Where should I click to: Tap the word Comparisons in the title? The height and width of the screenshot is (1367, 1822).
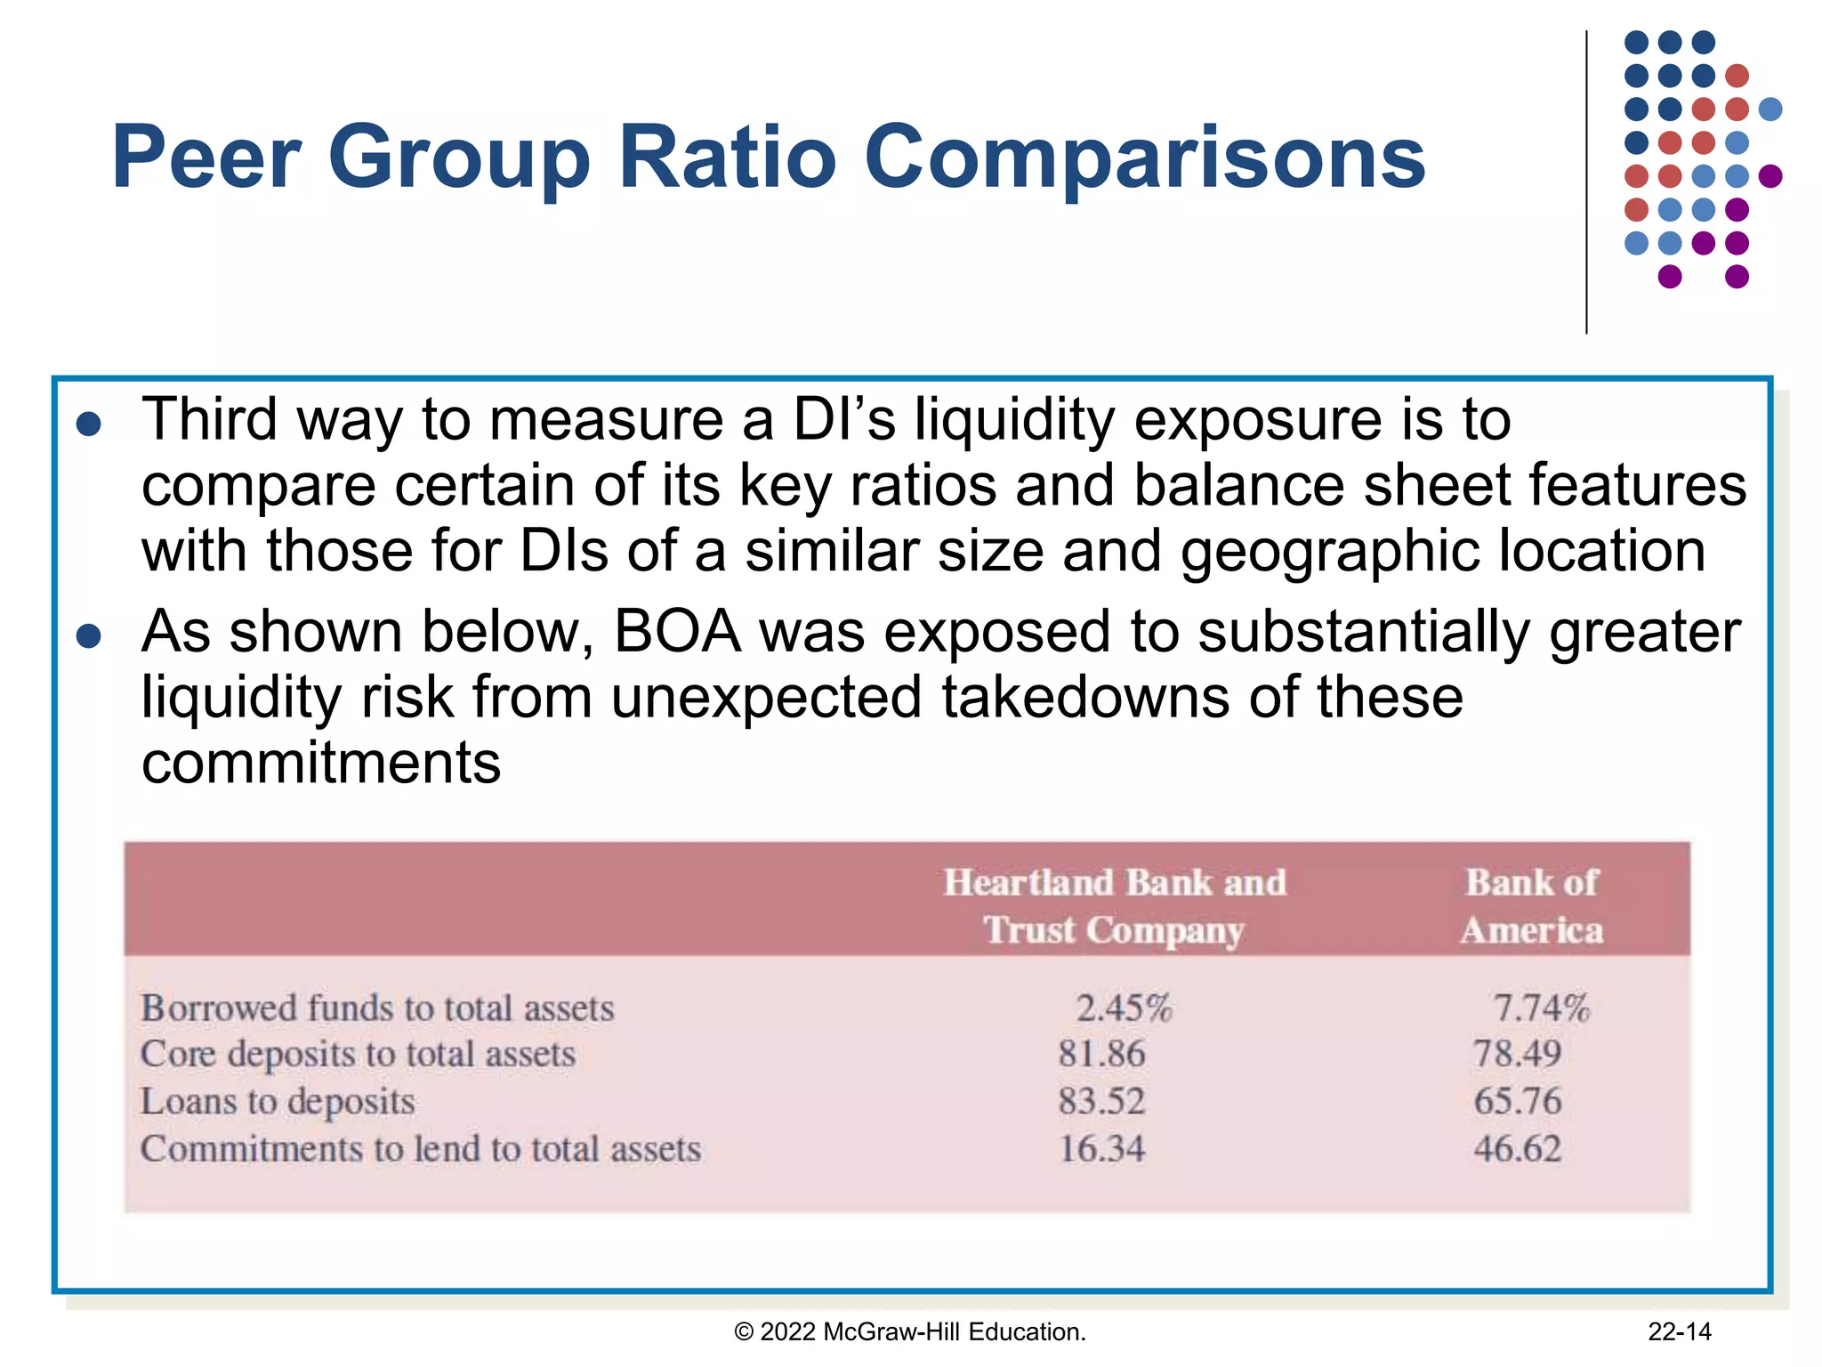(x=1145, y=158)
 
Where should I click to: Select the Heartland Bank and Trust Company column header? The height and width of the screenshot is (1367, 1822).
(x=1114, y=906)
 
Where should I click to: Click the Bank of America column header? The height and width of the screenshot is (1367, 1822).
(x=1532, y=906)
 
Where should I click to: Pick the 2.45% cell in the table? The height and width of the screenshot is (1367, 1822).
(x=1124, y=1008)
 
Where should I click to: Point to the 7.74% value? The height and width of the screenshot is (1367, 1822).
(x=1540, y=1008)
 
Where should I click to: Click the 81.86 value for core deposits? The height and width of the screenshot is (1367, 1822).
(x=1101, y=1055)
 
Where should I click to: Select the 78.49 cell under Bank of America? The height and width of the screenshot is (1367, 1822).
(x=1517, y=1055)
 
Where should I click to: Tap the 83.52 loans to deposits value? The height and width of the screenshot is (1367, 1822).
(x=1101, y=1102)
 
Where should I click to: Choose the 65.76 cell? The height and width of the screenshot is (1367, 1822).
(x=1517, y=1102)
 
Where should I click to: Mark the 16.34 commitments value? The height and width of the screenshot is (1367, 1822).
(x=1101, y=1149)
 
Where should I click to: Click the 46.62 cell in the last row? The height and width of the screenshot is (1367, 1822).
(x=1517, y=1149)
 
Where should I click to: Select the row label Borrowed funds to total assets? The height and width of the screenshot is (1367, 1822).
(x=377, y=1008)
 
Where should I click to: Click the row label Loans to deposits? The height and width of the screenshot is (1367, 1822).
(x=278, y=1102)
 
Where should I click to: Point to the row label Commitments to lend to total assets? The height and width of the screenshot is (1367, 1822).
(x=421, y=1149)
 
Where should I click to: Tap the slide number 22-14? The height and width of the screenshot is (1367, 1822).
(x=1679, y=1331)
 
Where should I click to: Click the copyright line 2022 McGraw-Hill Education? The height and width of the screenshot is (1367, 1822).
(x=910, y=1331)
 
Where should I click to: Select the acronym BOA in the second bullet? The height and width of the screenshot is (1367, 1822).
(x=677, y=632)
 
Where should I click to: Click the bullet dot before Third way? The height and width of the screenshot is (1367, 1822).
(x=89, y=425)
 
